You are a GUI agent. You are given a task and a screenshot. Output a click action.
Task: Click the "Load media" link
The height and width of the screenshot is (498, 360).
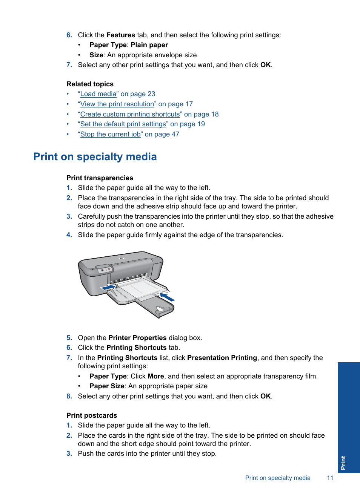pyautogui.click(x=98, y=94)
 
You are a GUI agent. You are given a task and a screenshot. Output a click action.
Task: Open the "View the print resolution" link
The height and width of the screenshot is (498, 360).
pyautogui.click(x=117, y=104)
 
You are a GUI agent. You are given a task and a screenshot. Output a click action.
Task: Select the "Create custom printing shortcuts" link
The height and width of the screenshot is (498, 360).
pyautogui.click(x=130, y=114)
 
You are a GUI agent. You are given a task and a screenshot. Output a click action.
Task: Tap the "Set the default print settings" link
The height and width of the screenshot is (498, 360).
pyautogui.click(x=123, y=124)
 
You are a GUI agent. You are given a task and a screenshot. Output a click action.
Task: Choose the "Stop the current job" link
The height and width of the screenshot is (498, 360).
pyautogui.click(x=110, y=134)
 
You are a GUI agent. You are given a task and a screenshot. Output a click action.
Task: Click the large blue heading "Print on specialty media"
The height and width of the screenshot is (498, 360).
pyautogui.click(x=95, y=157)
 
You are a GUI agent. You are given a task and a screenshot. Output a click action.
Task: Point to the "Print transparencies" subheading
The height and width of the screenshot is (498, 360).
pyautogui.click(x=100, y=178)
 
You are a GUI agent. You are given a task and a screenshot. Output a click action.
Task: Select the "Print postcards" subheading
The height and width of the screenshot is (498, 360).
pyautogui.click(x=92, y=415)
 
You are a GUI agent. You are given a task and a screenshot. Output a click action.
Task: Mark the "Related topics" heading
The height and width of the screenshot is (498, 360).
pyautogui.click(x=90, y=84)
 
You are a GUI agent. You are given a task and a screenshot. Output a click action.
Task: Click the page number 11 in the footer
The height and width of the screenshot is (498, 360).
pyautogui.click(x=330, y=478)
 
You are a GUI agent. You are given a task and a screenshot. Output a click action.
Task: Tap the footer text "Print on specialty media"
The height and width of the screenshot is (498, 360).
pyautogui.click(x=278, y=478)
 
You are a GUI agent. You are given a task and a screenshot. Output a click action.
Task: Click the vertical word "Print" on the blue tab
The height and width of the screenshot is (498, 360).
pyautogui.click(x=343, y=463)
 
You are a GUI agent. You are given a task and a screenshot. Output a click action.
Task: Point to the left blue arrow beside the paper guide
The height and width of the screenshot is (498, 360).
pyautogui.click(x=108, y=288)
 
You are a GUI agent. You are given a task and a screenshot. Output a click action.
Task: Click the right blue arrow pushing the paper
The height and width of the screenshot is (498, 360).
pyautogui.click(x=167, y=297)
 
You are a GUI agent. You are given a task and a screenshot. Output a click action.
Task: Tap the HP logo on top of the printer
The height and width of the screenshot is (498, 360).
pyautogui.click(x=122, y=259)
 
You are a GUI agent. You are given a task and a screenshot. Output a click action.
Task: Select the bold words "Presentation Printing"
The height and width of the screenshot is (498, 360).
pyautogui.click(x=222, y=358)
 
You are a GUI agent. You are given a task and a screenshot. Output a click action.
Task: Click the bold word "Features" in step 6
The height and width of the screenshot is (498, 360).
pyautogui.click(x=120, y=35)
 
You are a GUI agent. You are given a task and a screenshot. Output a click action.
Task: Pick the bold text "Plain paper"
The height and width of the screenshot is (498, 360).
pyautogui.click(x=149, y=45)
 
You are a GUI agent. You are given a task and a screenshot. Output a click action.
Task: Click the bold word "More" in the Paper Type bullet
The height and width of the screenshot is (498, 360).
pyautogui.click(x=155, y=376)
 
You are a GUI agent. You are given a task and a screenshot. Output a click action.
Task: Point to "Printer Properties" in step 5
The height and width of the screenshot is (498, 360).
pyautogui.click(x=137, y=338)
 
